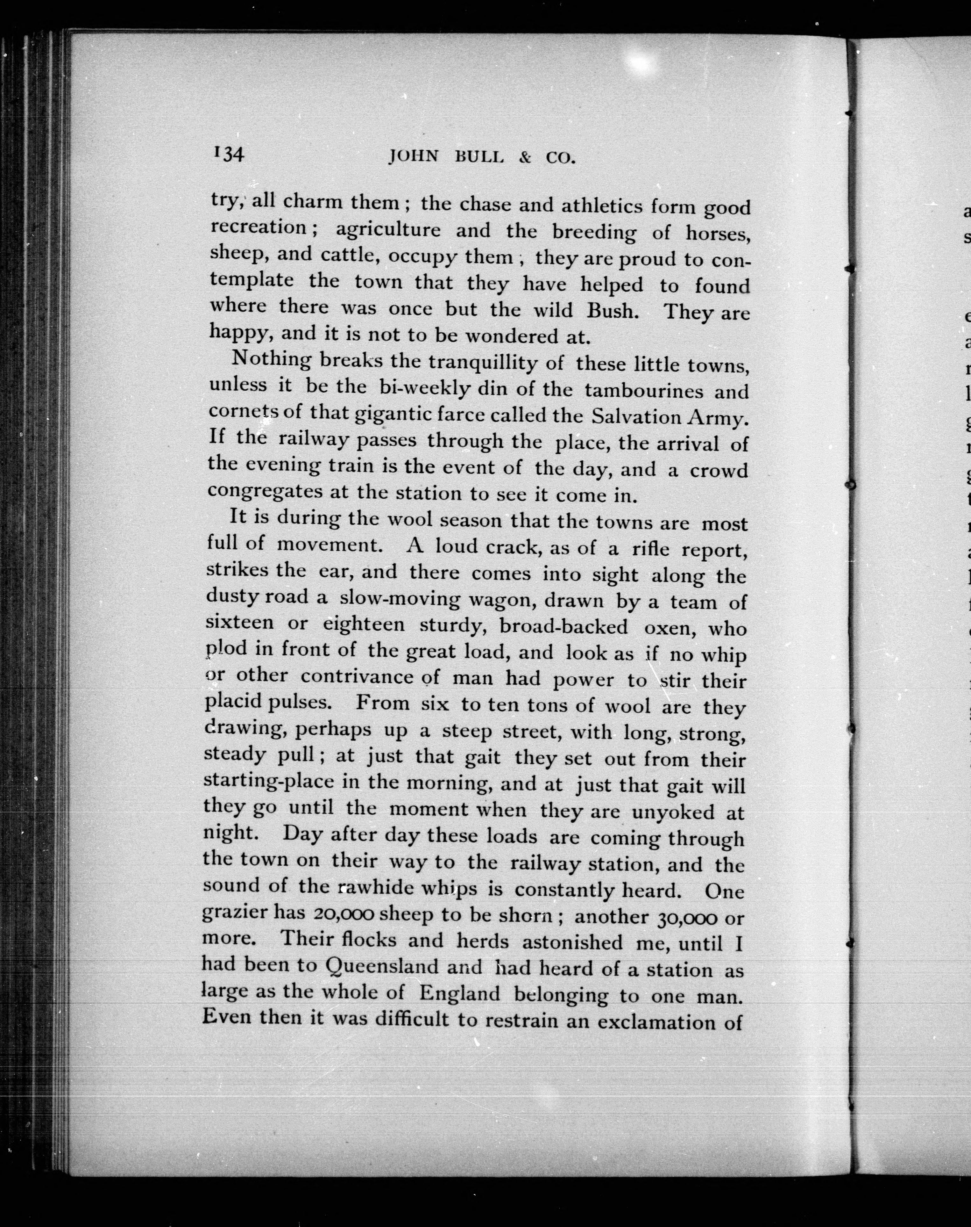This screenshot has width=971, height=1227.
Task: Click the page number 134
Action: [x=229, y=154]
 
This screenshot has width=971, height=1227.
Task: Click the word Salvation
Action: [x=635, y=417]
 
